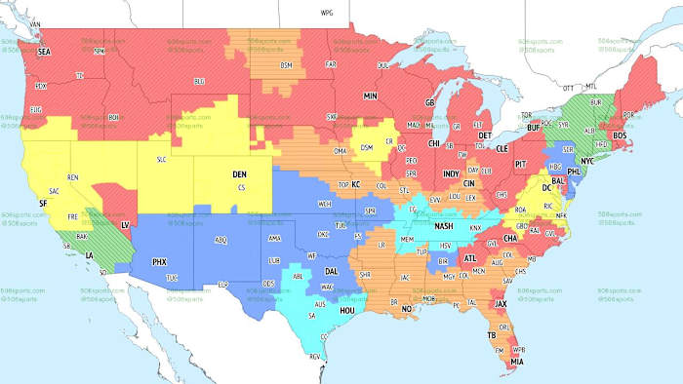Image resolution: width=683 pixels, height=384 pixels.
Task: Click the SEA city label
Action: coord(43,53)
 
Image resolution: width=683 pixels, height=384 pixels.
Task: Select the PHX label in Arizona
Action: coord(159,261)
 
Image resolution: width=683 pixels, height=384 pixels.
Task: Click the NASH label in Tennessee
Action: coord(444,226)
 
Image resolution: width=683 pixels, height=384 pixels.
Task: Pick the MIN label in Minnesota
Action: coord(370,96)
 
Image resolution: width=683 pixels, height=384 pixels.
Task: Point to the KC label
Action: coord(356,184)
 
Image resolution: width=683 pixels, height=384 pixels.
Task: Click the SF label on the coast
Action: coord(42,202)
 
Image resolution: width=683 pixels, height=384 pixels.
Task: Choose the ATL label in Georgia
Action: coord(470,257)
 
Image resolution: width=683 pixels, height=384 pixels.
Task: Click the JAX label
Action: coord(501,303)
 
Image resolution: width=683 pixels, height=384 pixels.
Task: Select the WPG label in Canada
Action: coord(326,14)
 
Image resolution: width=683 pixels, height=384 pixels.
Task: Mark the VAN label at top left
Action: coord(36,22)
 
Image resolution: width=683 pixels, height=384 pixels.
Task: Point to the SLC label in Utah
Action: coord(163,159)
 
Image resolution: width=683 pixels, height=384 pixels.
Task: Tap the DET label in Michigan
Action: coord(485,135)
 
